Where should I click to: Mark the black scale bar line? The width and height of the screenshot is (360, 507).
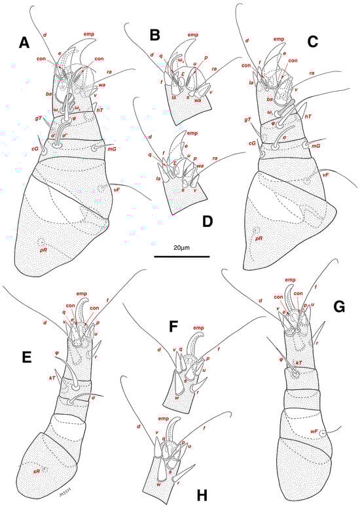tap(182, 257)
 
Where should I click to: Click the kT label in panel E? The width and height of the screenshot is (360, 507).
tap(51, 379)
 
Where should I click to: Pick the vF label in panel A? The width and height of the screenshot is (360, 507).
tap(117, 189)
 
